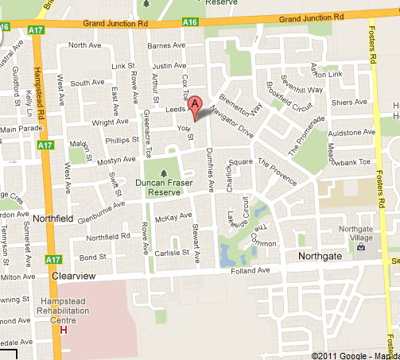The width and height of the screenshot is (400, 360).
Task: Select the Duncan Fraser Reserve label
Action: (165, 186)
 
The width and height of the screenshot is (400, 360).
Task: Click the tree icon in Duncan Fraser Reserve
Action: (165, 172)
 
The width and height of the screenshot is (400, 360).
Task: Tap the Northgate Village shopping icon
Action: (363, 246)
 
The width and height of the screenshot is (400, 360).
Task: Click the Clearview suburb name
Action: (73, 276)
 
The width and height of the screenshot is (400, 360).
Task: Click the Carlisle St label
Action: (177, 252)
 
